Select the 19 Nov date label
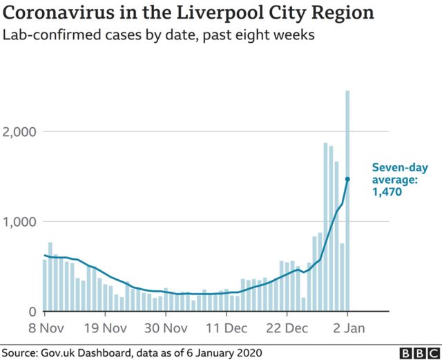[x=106, y=327]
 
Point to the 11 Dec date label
[x=228, y=327]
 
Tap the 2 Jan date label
[x=347, y=327]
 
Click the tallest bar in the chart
[x=347, y=200]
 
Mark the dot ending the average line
[x=347, y=179]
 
